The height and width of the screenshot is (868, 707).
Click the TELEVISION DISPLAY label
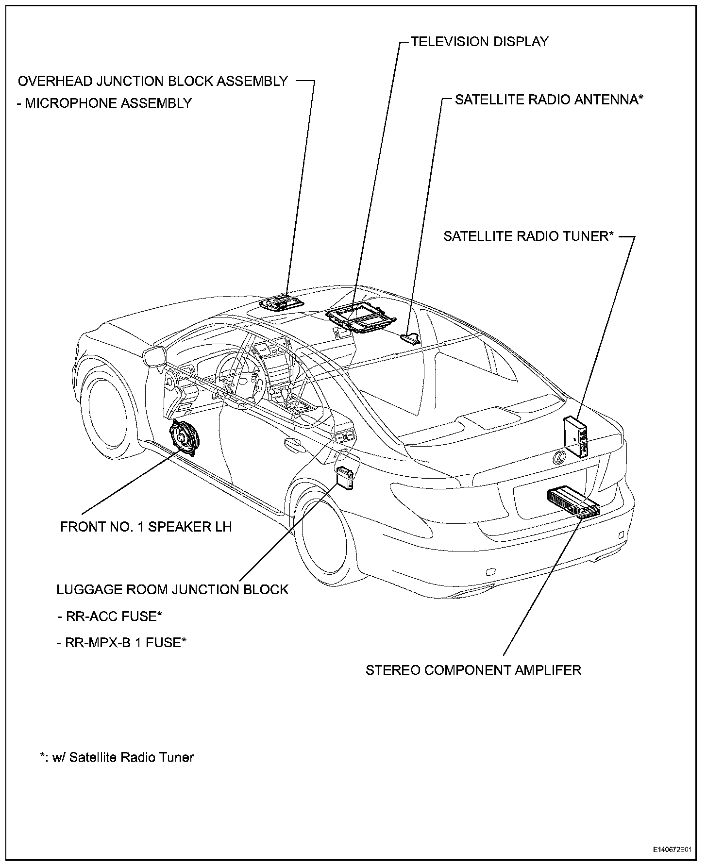click(480, 42)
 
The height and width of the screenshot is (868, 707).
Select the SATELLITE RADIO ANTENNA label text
click(549, 100)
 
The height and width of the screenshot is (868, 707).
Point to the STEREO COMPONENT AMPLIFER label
click(473, 670)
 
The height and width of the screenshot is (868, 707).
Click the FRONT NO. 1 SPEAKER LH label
click(146, 527)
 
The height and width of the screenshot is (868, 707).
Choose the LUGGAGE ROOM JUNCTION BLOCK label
click(173, 589)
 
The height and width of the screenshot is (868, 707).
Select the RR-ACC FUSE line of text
click(109, 616)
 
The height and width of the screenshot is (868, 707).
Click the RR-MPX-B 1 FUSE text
click(122, 642)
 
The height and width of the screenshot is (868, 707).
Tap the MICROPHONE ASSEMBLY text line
click(104, 103)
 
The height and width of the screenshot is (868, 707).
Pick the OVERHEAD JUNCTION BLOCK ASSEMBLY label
click(153, 81)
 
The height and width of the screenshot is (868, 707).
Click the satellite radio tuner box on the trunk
click(576, 436)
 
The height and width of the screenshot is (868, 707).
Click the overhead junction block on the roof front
click(282, 302)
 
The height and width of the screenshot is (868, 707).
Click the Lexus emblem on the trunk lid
click(560, 457)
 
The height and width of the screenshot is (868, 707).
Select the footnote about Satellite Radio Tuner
click(117, 757)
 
